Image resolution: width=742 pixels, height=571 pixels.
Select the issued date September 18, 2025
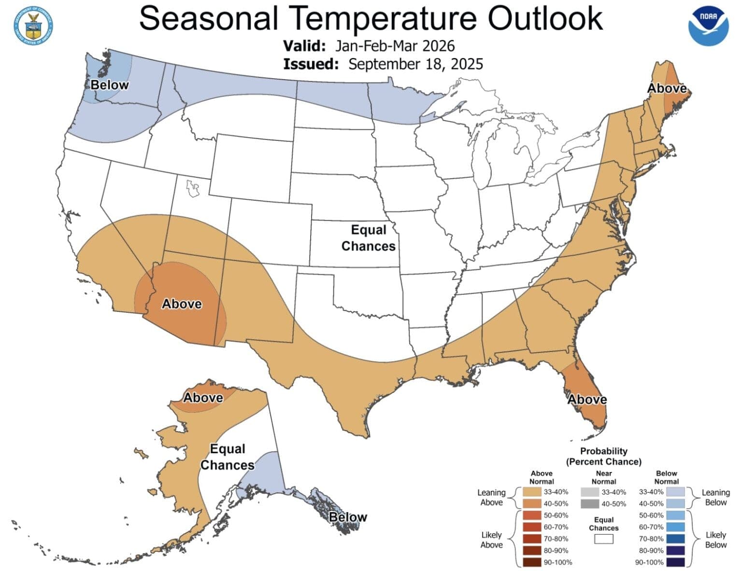(415, 64)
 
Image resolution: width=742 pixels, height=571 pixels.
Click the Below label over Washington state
(110, 85)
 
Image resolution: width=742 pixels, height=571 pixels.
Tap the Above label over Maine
(667, 88)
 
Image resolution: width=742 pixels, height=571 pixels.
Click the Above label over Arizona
(182, 304)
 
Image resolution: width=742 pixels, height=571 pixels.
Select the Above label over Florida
(587, 399)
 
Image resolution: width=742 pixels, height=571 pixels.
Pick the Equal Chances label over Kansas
(369, 238)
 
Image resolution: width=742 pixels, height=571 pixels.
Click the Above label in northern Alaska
(203, 398)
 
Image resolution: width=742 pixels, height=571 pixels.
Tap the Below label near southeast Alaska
(348, 517)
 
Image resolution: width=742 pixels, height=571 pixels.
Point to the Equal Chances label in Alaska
(227, 457)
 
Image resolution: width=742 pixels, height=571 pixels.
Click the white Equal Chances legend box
(603, 539)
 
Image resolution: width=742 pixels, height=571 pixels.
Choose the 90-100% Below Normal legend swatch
(675, 562)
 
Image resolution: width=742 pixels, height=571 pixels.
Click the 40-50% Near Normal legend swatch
(589, 504)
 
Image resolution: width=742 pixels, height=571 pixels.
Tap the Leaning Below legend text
(715, 497)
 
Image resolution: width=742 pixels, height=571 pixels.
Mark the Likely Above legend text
(491, 540)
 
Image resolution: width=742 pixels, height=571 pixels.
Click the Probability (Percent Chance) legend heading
(603, 456)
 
